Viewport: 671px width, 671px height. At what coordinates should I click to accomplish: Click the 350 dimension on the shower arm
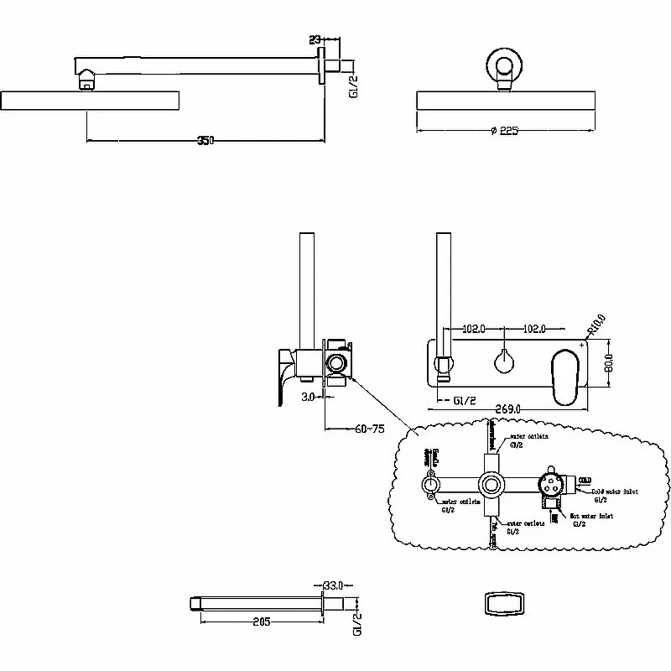coord(206,140)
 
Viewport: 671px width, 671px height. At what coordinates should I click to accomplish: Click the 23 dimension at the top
coord(315,38)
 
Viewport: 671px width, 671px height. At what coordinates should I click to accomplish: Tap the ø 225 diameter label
coord(506,131)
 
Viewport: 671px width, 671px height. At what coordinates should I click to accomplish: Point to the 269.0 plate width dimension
coord(507,408)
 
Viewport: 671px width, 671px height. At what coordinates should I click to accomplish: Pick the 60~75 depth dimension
coord(369,429)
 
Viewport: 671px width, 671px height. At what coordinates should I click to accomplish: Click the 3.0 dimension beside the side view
coord(308,397)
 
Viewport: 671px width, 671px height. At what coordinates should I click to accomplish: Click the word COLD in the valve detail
coord(585,478)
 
